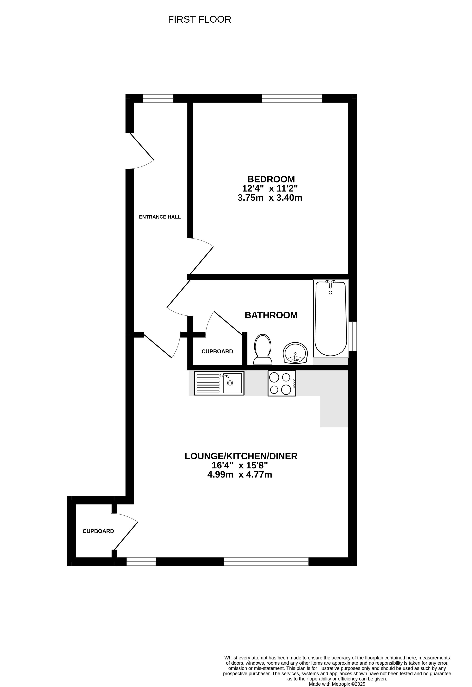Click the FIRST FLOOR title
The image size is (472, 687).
point(199,20)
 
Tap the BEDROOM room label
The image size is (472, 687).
point(271,179)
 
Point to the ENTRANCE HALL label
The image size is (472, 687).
point(160,217)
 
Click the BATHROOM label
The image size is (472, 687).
point(271,315)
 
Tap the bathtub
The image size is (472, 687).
point(331,318)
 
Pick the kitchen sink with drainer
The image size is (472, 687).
point(219,383)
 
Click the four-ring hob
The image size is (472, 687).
point(282,383)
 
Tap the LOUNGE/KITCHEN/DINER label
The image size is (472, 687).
point(241,456)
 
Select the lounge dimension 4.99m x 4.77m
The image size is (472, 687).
point(240,474)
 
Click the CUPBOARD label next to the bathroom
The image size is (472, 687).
point(217,352)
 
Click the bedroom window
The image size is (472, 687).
point(292,98)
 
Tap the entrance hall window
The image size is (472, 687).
point(158,98)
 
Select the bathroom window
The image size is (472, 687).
point(352,336)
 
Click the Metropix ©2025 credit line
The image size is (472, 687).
point(337,684)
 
